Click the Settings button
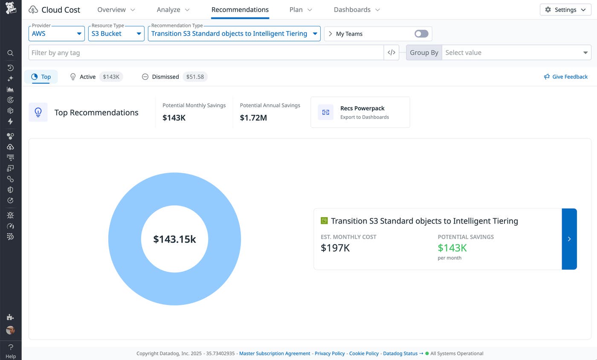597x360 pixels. click(565, 10)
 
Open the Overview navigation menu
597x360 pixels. click(116, 10)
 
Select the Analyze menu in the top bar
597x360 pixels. click(173, 10)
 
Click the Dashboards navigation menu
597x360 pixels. click(356, 10)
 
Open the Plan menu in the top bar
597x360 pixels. click(301, 10)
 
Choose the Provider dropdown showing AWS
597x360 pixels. click(57, 34)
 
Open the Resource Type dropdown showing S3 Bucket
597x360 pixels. click(116, 34)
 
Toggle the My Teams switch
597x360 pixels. click(421, 34)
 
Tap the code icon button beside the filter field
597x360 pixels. click(391, 53)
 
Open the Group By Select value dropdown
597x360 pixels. click(516, 53)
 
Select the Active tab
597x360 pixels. click(87, 77)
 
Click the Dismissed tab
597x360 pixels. click(165, 77)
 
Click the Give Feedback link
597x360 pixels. click(565, 77)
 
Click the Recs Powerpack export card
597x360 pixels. click(360, 112)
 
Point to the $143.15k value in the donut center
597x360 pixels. click(174, 239)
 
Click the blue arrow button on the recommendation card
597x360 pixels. click(569, 239)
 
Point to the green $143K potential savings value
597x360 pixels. click(452, 248)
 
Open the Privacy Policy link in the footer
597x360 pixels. click(330, 354)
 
